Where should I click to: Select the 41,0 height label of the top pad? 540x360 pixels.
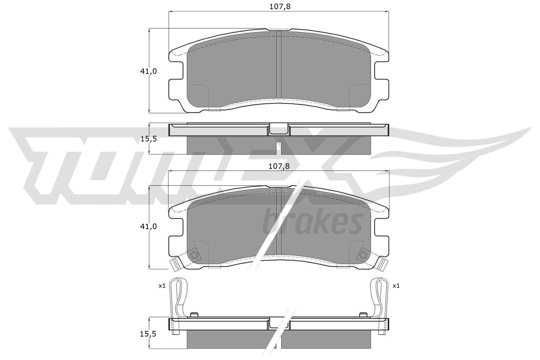(x=148, y=71)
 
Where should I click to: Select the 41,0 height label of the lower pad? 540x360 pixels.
(x=148, y=226)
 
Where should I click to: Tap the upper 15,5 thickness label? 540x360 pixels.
(x=148, y=138)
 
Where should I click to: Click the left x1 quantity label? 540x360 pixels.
(x=162, y=286)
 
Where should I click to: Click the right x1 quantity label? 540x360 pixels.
(x=396, y=286)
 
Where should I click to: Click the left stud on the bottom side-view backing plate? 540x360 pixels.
(x=194, y=315)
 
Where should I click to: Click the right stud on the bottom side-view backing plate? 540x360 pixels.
(x=364, y=315)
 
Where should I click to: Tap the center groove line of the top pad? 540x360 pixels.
(x=279, y=66)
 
